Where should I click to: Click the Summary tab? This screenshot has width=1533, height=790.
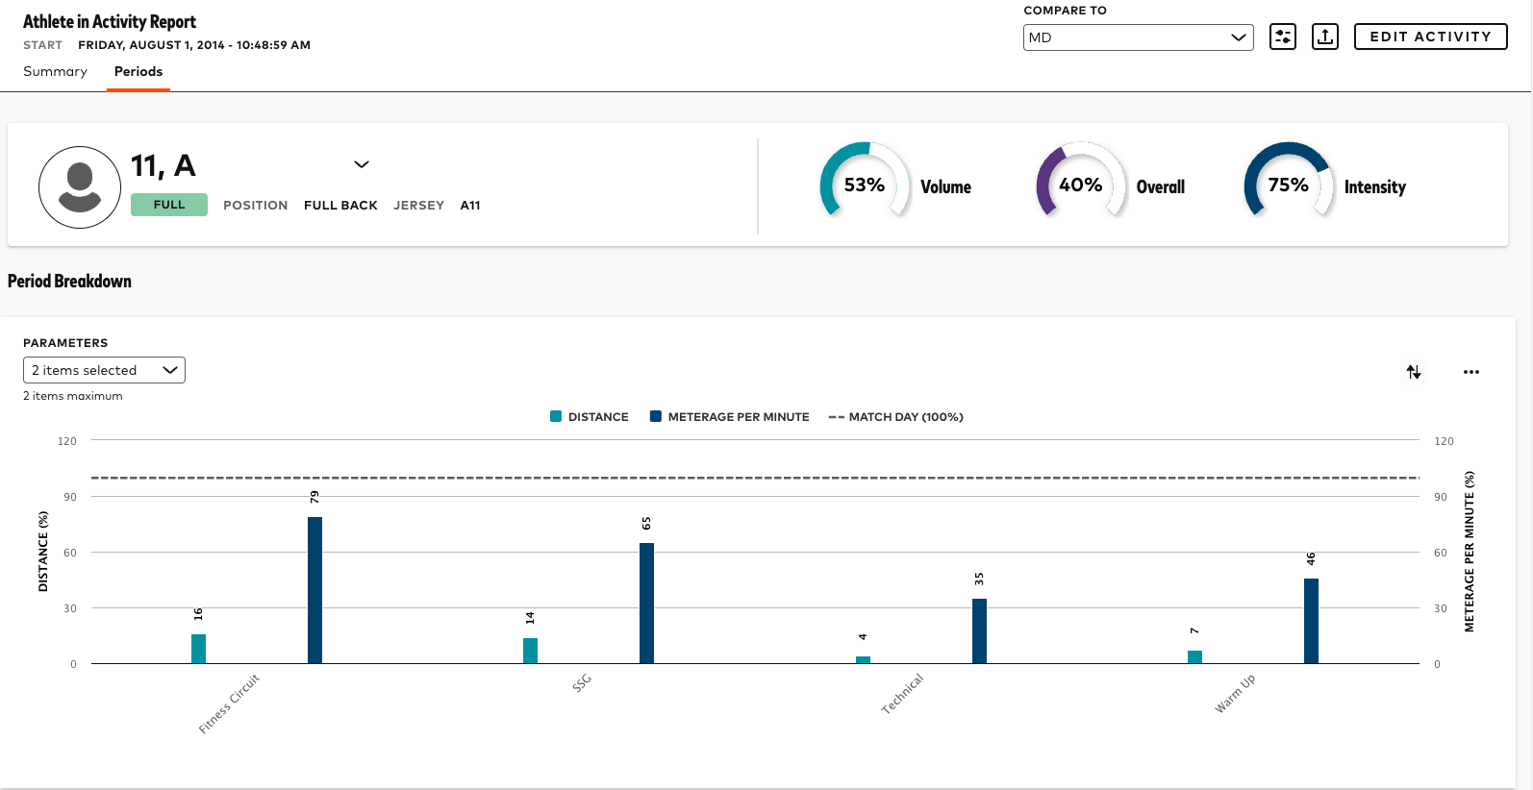(x=55, y=72)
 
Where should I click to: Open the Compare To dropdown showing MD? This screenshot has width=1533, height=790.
(x=1138, y=37)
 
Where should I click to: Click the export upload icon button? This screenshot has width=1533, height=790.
(x=1324, y=37)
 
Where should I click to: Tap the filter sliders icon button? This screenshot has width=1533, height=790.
(x=1282, y=37)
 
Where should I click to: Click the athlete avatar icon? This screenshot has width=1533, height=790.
(x=80, y=187)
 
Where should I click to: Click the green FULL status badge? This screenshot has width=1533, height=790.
(x=169, y=205)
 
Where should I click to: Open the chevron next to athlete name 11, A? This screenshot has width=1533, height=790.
(x=362, y=164)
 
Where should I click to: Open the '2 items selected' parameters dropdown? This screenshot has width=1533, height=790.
(x=104, y=370)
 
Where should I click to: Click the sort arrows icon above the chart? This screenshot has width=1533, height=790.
(x=1413, y=372)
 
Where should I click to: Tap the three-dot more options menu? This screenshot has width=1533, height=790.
(x=1470, y=372)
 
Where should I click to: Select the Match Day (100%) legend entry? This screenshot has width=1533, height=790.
(x=895, y=417)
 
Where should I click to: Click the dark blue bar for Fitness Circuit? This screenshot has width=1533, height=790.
(x=314, y=590)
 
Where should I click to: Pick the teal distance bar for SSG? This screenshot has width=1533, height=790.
(x=530, y=651)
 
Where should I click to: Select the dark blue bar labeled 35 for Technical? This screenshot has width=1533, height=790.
(x=979, y=630)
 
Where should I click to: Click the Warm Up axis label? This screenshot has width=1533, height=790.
(x=1235, y=694)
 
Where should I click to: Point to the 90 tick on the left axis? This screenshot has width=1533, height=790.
(x=70, y=497)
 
